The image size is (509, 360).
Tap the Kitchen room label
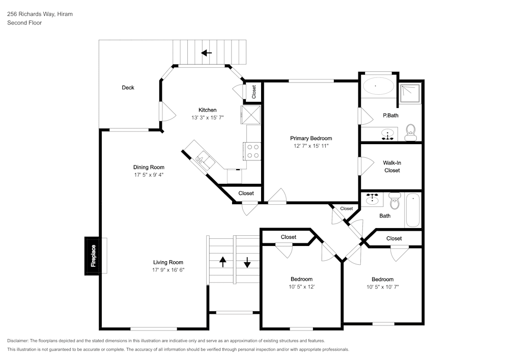tap(207, 110)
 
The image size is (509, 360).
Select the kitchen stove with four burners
tap(252, 150)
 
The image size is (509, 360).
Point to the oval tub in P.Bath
tap(377, 86)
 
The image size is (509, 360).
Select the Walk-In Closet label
tap(392, 167)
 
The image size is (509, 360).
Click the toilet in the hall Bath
tap(394, 202)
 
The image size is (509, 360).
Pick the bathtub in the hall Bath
tap(413, 211)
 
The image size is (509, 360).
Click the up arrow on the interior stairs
tap(223, 262)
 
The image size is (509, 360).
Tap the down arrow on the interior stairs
tap(247, 262)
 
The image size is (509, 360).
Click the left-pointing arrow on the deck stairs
tap(207, 52)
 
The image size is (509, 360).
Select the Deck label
tap(128, 88)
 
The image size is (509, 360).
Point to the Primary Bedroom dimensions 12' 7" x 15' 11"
tap(311, 146)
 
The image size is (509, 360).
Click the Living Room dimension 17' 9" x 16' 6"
tap(168, 270)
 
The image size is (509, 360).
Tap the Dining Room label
tap(149, 167)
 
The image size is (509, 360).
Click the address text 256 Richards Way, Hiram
tap(40, 14)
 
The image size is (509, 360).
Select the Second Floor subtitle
tap(24, 23)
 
